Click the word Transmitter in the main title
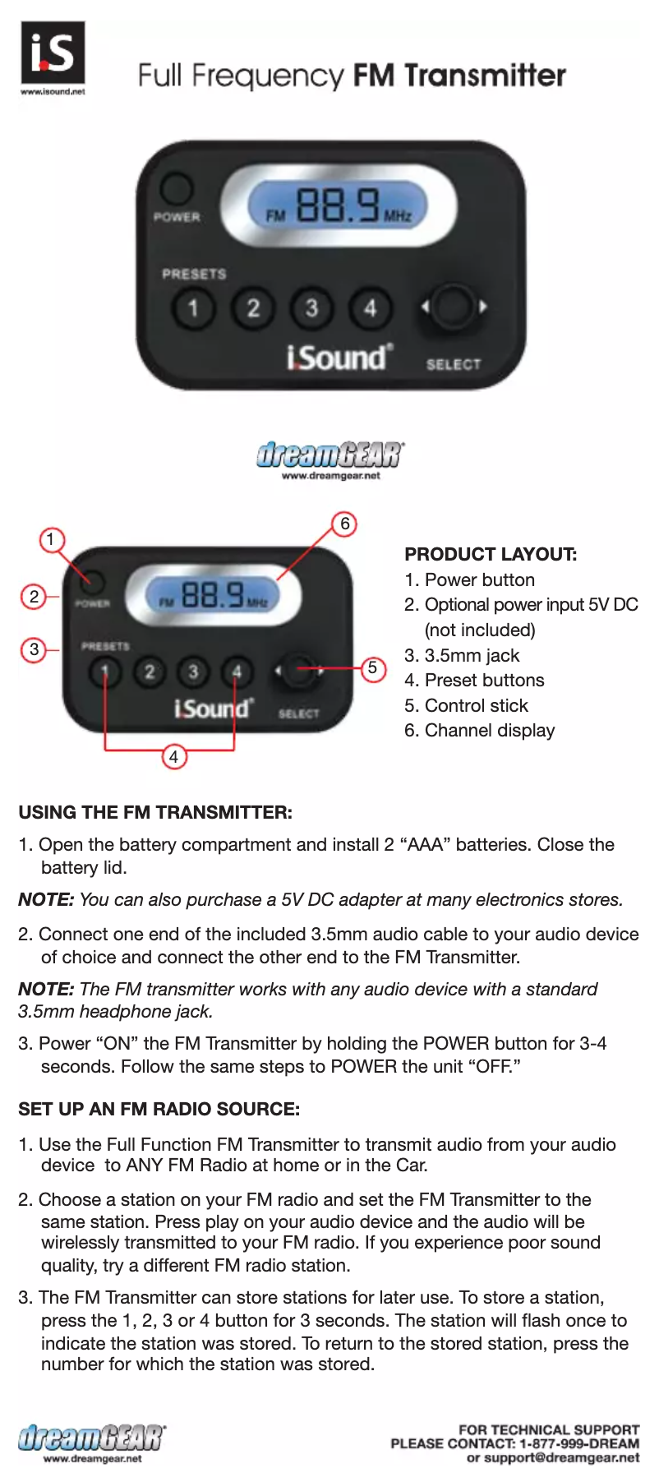(485, 76)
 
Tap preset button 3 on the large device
(311, 308)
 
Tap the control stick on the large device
(452, 307)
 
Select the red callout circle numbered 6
(345, 524)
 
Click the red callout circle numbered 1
(51, 539)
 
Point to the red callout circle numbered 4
(173, 756)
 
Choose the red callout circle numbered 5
(373, 668)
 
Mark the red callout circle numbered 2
(34, 596)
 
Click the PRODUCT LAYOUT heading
(491, 554)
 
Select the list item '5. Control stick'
(466, 705)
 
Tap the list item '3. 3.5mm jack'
(462, 655)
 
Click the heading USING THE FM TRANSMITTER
(155, 812)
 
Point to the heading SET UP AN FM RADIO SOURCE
(159, 1109)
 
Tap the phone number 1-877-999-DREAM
(578, 1443)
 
